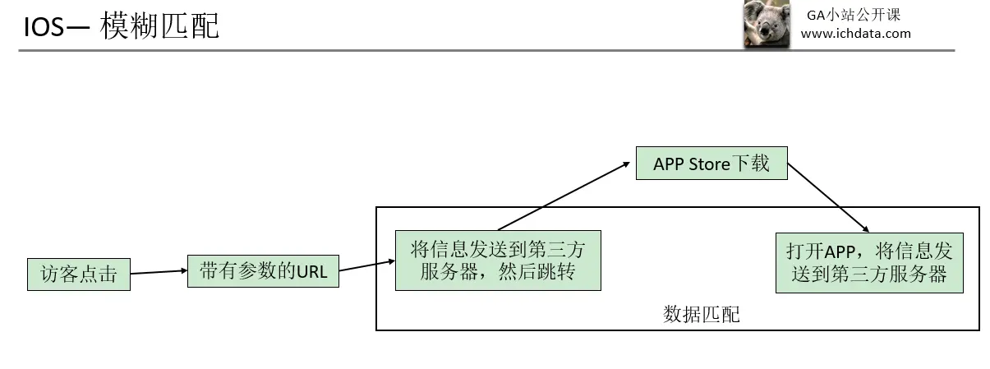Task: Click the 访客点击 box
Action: (79, 274)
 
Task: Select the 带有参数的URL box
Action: (263, 271)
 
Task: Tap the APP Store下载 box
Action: (711, 164)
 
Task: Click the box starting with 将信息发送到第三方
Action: (498, 261)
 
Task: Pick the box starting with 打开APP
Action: (869, 263)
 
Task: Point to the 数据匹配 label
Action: (701, 314)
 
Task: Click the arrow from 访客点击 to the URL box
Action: (159, 272)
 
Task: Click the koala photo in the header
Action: (767, 24)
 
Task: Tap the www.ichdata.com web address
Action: (855, 34)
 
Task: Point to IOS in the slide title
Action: (44, 26)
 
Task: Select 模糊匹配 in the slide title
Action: (159, 25)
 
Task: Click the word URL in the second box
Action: (311, 272)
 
